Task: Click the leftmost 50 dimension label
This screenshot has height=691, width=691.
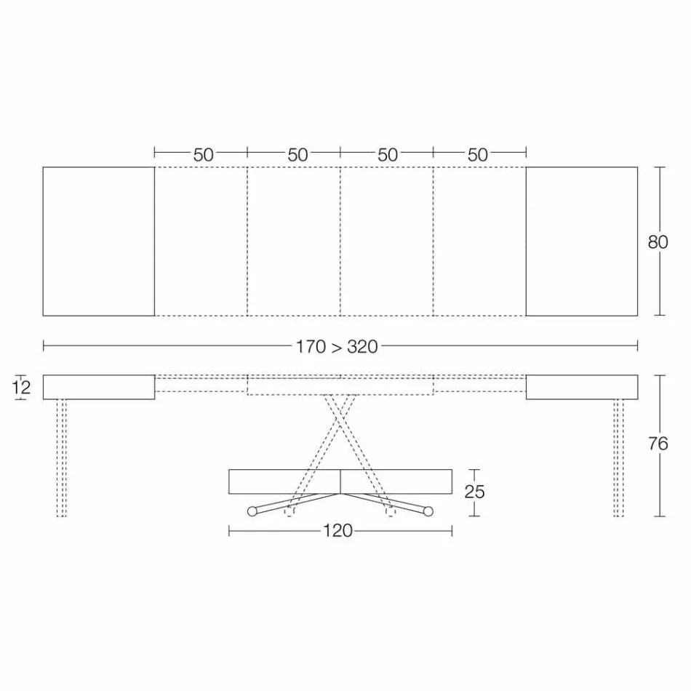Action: (204, 154)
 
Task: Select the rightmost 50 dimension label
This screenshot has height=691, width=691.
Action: (478, 154)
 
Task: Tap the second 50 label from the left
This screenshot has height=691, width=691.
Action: (297, 154)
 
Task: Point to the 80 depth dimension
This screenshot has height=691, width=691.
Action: (658, 241)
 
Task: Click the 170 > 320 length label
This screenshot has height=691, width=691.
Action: (337, 346)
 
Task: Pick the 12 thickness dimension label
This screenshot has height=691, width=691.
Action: (22, 387)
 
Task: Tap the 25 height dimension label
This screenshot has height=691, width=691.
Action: (474, 492)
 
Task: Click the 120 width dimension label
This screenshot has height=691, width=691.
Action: (337, 531)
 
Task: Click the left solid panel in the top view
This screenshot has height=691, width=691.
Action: (98, 241)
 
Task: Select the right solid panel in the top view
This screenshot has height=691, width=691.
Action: (581, 241)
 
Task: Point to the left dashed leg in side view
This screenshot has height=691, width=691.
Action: (62, 458)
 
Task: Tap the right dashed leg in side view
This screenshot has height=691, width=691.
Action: (618, 458)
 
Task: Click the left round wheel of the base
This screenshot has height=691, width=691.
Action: (252, 511)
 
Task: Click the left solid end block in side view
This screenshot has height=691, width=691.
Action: (98, 387)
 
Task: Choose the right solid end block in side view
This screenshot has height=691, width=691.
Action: (581, 387)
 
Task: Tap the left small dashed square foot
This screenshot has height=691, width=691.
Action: (290, 511)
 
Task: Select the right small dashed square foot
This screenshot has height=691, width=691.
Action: (391, 511)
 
